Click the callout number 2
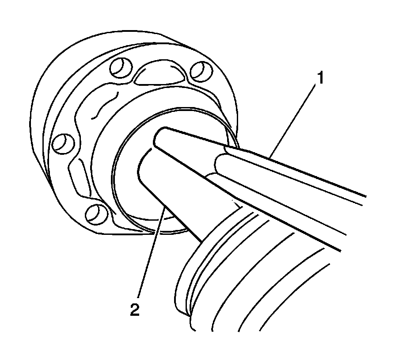coord(135,309)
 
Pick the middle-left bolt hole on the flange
coord(62,143)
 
